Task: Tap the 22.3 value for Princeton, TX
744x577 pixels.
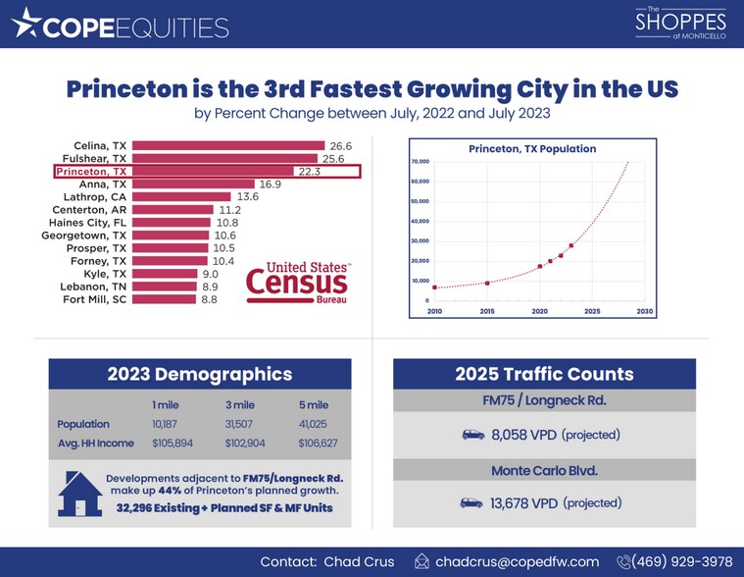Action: point(309,171)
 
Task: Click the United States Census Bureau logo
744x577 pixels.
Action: point(298,282)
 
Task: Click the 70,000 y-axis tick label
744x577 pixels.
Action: point(421,161)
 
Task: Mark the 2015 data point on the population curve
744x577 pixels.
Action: point(487,283)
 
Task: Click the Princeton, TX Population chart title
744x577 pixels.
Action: point(532,149)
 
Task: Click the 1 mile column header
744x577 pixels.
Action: point(165,403)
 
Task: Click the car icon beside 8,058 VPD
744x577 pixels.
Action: point(471,434)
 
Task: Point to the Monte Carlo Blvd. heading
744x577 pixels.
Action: point(544,470)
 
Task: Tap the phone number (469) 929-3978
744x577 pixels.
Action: point(684,561)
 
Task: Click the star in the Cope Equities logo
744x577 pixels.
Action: point(26,24)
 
